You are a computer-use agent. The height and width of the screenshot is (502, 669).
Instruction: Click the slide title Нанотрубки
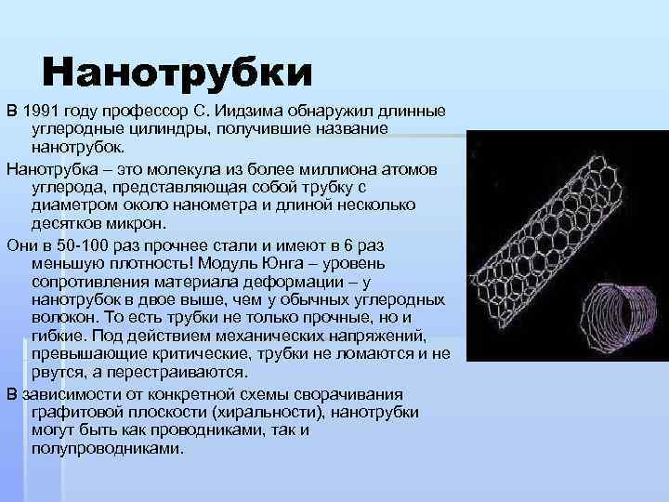177,72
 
